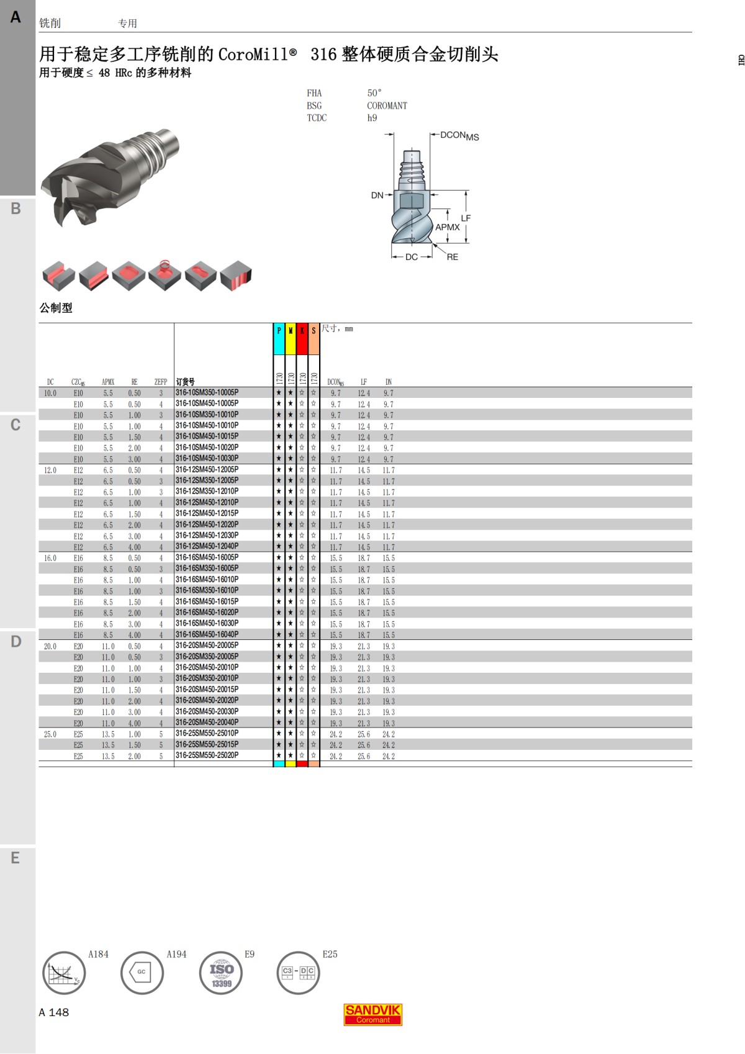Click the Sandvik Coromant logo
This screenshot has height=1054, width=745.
372,1014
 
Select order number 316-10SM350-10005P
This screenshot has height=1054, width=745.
207,393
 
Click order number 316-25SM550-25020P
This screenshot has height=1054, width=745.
207,755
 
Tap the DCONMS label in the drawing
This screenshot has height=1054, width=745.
459,135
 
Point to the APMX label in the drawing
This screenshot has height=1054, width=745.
447,227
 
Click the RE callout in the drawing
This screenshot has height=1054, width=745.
452,257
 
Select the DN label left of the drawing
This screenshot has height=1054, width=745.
377,196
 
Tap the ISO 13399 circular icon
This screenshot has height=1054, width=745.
221,973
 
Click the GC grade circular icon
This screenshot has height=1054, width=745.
142,973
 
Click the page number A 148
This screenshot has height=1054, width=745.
54,1012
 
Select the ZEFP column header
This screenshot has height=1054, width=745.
161,382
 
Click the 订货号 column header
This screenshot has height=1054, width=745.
185,382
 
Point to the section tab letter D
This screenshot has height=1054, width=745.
16,641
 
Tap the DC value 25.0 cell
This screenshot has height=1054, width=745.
50,734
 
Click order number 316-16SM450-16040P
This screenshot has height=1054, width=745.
207,634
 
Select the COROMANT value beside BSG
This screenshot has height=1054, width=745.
387,106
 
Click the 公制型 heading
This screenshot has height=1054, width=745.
56,308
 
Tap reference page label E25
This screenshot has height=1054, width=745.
330,955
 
